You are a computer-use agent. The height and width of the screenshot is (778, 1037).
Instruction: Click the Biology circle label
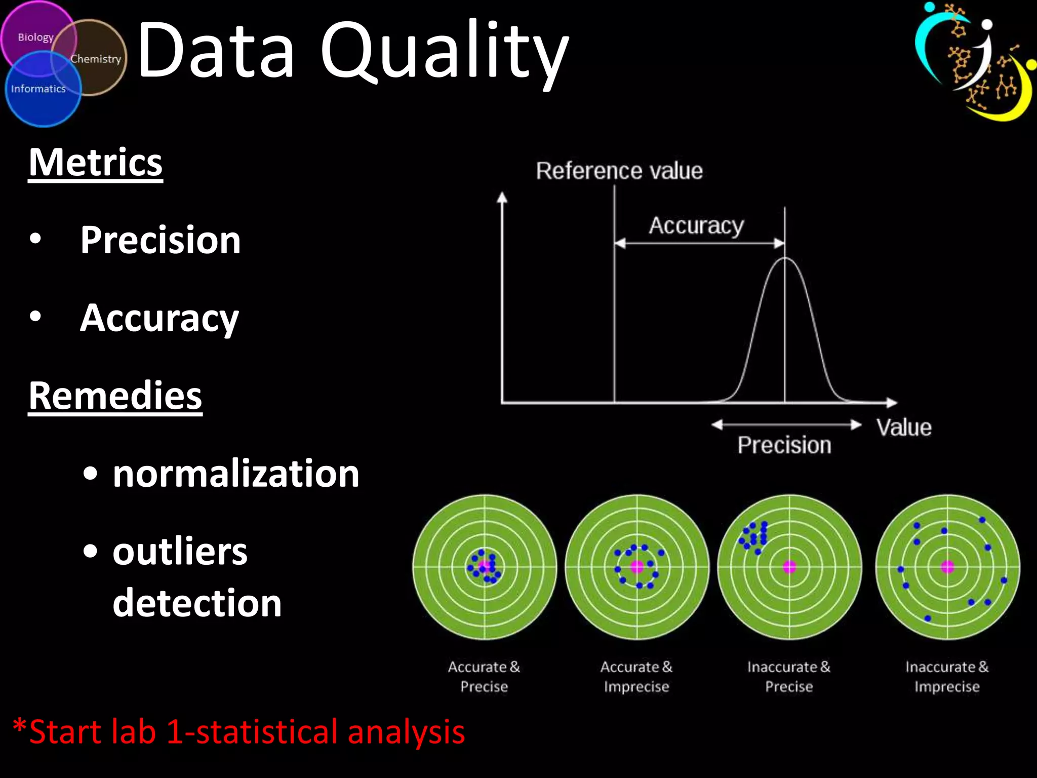tap(35, 37)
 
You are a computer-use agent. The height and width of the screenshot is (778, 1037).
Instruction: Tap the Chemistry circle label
tap(96, 59)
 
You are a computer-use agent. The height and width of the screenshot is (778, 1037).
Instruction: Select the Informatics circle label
tap(38, 89)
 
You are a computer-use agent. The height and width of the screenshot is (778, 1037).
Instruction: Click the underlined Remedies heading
tap(115, 396)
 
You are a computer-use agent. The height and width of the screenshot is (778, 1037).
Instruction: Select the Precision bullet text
tap(161, 240)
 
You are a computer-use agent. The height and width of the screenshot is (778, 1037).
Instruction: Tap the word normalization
tap(236, 474)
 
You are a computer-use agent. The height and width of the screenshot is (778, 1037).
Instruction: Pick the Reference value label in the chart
tap(619, 171)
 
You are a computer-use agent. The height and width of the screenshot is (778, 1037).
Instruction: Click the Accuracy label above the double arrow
tap(696, 225)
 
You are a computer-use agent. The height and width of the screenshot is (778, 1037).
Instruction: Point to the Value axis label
tap(904, 427)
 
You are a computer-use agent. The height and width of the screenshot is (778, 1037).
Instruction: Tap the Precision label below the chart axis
tap(784, 445)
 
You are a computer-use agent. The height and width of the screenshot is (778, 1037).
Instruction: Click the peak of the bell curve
tap(785, 258)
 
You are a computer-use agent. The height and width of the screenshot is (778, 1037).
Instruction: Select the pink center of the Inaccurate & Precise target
tap(789, 567)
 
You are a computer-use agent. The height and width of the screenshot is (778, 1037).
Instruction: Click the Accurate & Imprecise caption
tap(636, 677)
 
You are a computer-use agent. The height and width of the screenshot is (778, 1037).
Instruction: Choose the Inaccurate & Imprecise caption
tap(947, 677)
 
